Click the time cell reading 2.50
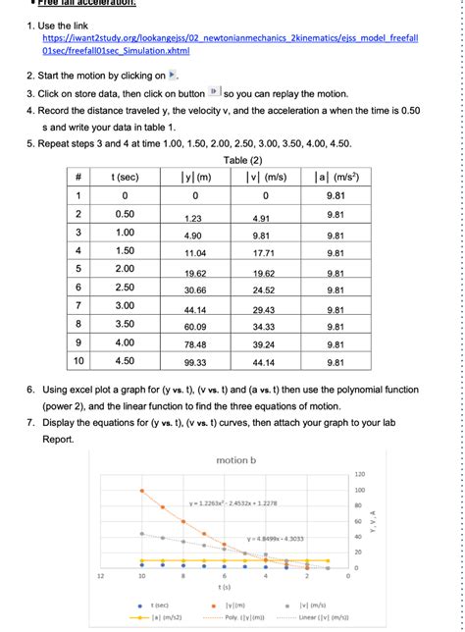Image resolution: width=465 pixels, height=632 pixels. tap(125, 289)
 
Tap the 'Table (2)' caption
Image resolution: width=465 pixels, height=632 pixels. tap(241, 159)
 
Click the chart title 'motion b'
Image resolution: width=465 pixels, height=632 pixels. tap(235, 460)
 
